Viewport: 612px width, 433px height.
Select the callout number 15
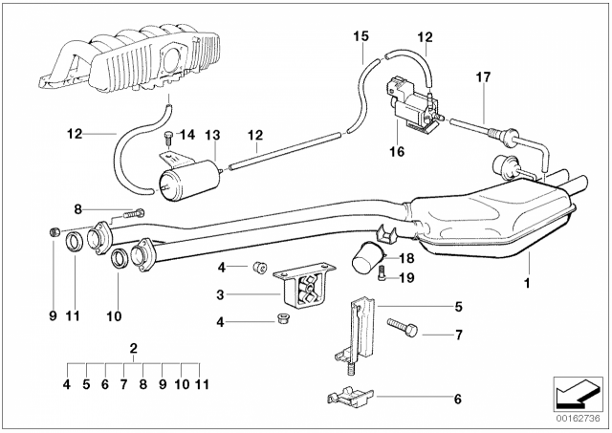click(360, 36)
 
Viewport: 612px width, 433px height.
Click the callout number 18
click(405, 258)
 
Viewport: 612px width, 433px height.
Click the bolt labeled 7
click(403, 331)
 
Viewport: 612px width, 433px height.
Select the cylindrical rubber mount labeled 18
click(368, 260)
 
